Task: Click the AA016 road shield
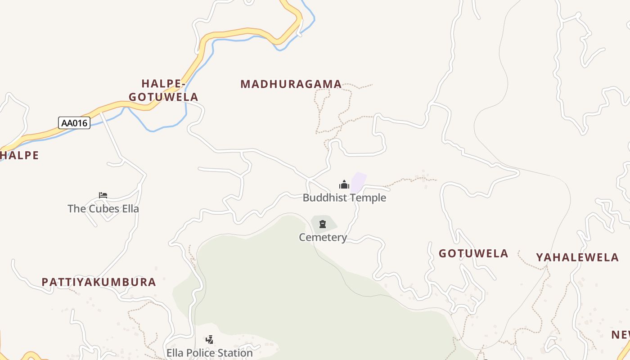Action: (74, 123)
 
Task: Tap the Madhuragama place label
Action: (291, 84)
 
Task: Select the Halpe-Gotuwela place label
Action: (163, 90)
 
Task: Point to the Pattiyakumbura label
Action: (99, 282)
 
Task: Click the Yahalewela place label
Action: (577, 257)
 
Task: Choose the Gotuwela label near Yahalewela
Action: (473, 253)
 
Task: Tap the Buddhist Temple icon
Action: (344, 184)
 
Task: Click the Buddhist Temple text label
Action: (344, 198)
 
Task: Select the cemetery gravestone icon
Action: (323, 224)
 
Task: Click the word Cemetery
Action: (323, 237)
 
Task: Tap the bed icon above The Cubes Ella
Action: (103, 195)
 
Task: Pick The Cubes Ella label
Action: (103, 209)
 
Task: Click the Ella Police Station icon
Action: (209, 339)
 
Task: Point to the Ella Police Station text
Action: (210, 353)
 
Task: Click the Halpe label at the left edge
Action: (19, 155)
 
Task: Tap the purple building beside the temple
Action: (359, 181)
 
